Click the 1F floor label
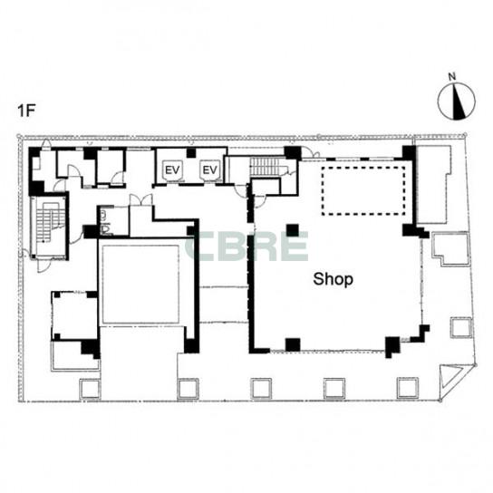(26, 111)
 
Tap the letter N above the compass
(452, 76)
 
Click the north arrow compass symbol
(457, 101)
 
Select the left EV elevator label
(172, 170)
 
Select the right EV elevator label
(209, 170)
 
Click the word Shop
(333, 279)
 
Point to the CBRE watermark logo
(246, 246)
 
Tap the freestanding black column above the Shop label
(293, 230)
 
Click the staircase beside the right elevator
(266, 166)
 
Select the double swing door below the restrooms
(141, 200)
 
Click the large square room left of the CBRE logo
(140, 285)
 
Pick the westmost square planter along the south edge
(90, 389)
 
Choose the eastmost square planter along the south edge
(408, 388)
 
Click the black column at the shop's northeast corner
(409, 153)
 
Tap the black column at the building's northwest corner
(34, 153)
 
